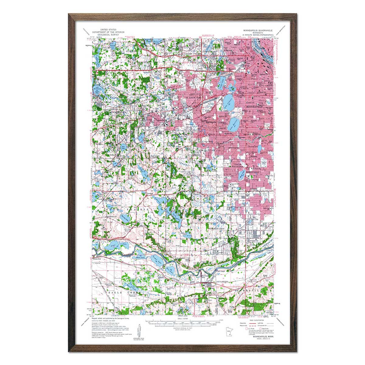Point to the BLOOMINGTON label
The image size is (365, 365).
217,228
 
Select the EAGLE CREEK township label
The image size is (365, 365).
113,292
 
